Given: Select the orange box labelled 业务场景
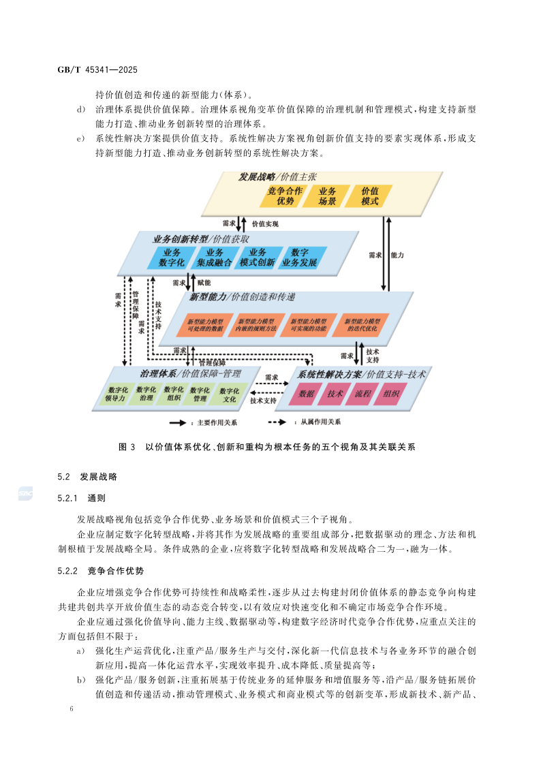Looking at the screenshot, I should coord(327,196).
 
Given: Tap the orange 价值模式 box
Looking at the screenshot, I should coord(370,196).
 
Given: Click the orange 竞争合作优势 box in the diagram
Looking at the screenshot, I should coord(285,196).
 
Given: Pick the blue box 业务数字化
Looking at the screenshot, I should coord(171,257).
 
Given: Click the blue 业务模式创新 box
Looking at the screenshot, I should coord(258,257).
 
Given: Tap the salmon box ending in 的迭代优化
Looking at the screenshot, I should coord(362,324).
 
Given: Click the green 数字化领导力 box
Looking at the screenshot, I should coord(117,394).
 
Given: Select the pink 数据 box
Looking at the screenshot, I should coord(307,394).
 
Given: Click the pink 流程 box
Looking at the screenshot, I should coord(363,394).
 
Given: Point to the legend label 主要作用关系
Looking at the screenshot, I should coord(217,422).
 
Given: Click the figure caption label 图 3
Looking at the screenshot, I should coord(127,447).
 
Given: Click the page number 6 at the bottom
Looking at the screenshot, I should coord(71,708).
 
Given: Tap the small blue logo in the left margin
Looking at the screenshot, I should coord(26,494).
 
